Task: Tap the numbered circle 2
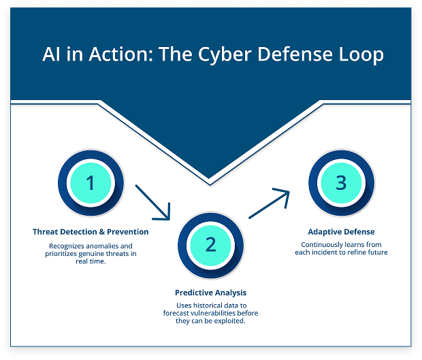click(x=210, y=244)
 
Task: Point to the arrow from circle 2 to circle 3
click(x=270, y=204)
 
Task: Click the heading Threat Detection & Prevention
click(x=91, y=232)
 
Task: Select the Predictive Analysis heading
click(x=210, y=293)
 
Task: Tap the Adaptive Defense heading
click(x=341, y=232)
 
